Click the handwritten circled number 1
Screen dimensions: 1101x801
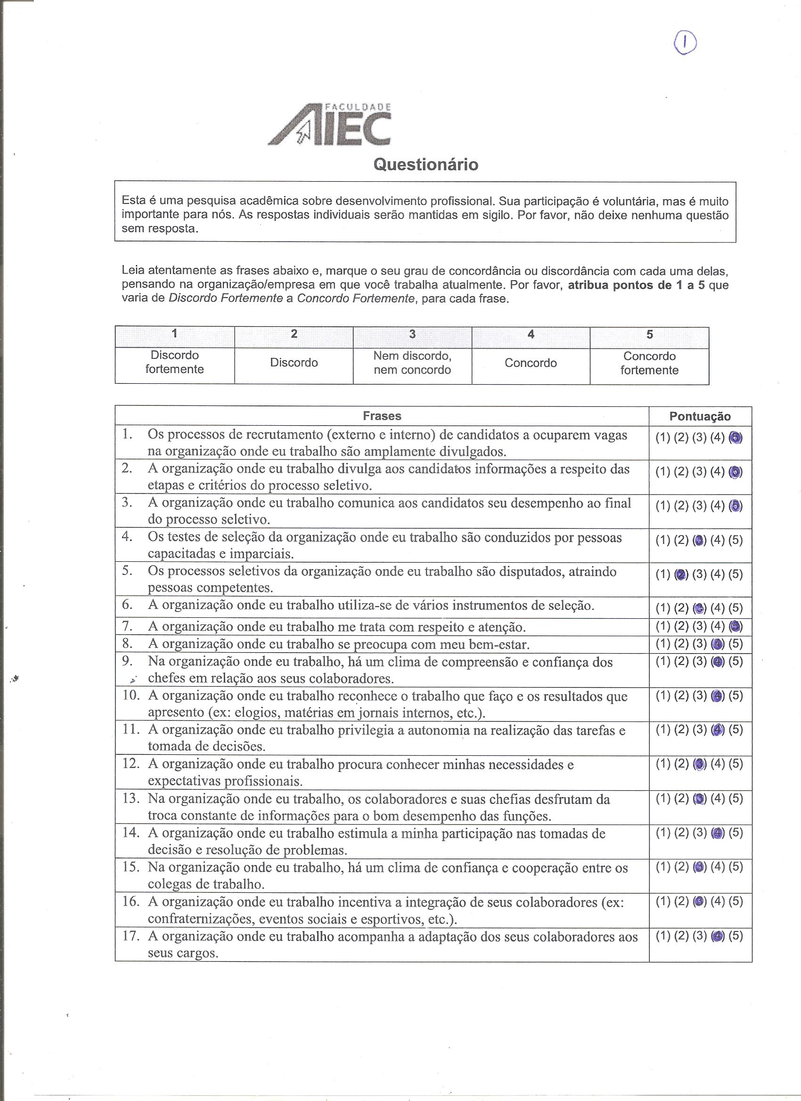(685, 43)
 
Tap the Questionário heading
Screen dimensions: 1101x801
(425, 165)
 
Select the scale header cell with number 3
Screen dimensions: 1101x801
(412, 334)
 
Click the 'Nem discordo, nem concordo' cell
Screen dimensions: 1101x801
(412, 363)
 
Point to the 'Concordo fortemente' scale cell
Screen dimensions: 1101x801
(649, 363)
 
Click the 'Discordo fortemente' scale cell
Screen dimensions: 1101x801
(174, 362)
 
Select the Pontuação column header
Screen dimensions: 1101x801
(700, 416)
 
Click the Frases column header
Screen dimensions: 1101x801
(382, 416)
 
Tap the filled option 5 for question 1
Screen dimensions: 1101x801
(736, 438)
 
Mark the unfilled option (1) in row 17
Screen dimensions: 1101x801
(662, 936)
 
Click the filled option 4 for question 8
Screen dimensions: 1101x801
(717, 644)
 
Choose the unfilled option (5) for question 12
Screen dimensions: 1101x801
(736, 764)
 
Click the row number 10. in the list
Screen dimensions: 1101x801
(131, 696)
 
